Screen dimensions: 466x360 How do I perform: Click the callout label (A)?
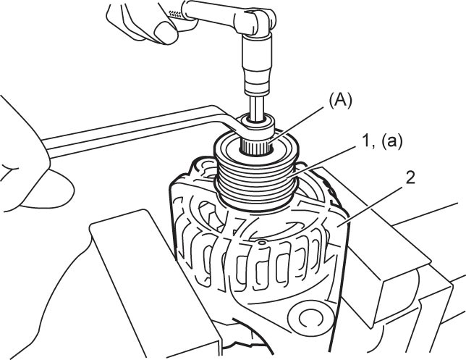(x=340, y=101)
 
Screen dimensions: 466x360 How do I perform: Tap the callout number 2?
(x=410, y=179)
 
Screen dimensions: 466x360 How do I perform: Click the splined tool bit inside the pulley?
(x=256, y=146)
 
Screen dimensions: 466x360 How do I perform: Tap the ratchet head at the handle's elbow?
(x=258, y=22)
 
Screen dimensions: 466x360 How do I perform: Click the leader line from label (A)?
(x=297, y=125)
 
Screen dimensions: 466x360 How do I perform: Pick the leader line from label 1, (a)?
(x=325, y=161)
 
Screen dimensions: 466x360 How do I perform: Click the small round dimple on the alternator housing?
(x=261, y=243)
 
